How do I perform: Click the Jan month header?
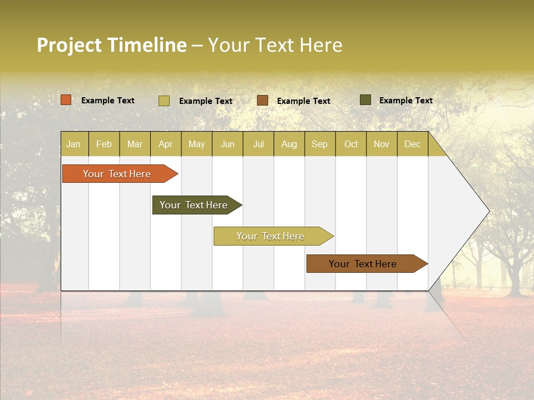[x=73, y=144]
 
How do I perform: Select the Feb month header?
[x=104, y=144]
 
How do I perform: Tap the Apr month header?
[x=165, y=144]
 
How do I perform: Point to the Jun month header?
[x=228, y=144]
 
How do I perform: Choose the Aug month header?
[x=289, y=144]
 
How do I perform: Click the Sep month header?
[x=319, y=144]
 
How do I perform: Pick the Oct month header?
[x=351, y=144]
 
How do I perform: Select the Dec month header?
[x=412, y=144]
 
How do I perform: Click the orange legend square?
[x=66, y=100]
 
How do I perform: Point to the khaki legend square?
[x=164, y=101]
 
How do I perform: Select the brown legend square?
[x=263, y=100]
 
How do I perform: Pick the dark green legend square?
[x=365, y=100]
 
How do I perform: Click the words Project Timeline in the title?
[x=112, y=45]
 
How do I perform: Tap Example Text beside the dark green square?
[x=406, y=101]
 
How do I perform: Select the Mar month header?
[x=135, y=144]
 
